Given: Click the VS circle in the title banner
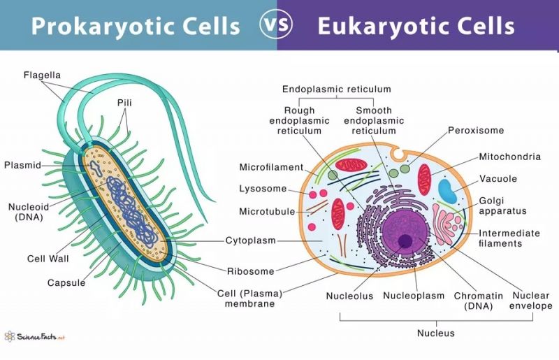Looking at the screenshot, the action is click(275, 25).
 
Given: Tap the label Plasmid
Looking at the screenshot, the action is click(22, 165).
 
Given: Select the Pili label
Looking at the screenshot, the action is click(124, 103).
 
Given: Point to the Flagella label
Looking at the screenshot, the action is click(42, 75).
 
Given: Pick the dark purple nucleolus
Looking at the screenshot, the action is click(405, 241).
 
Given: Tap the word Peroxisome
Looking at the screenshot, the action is click(476, 130).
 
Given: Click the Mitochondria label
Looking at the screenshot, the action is click(509, 157).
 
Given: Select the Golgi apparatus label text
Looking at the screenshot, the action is click(502, 206).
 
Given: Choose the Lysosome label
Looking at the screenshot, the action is click(263, 188).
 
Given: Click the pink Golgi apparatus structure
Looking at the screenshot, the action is click(448, 224).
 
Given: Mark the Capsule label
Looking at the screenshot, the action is click(66, 283).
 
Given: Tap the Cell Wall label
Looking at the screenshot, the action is click(48, 259).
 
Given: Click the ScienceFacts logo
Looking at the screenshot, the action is click(35, 336).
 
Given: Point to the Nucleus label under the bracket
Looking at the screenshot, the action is click(435, 333).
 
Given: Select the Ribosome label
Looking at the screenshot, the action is click(251, 271).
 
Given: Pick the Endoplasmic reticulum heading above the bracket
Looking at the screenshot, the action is click(337, 89).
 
